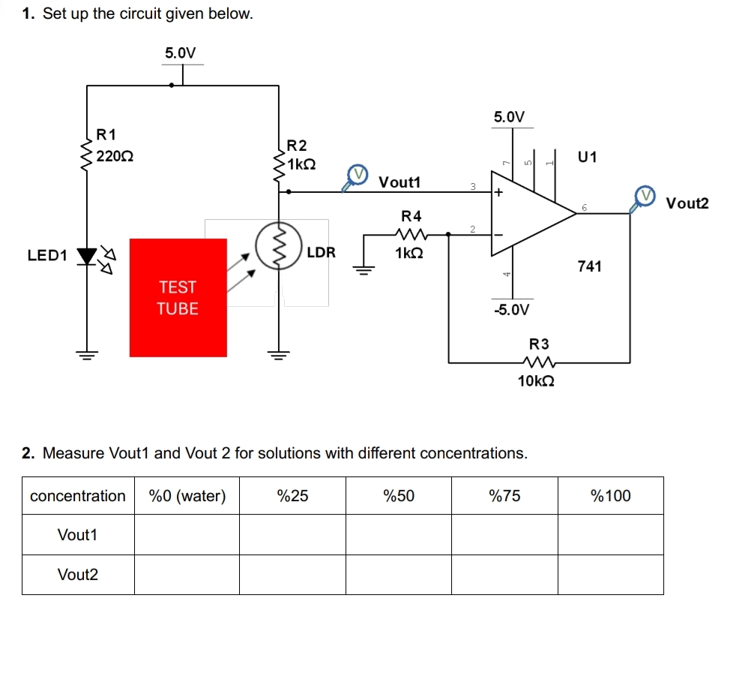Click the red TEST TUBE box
178,297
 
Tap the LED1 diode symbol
88,256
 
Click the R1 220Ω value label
116,157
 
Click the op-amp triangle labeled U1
525,214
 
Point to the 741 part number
589,266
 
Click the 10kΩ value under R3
537,381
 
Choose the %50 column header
399,496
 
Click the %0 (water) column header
187,496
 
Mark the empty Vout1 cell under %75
504,535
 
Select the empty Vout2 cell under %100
610,575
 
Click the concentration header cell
78,496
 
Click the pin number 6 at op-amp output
585,206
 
